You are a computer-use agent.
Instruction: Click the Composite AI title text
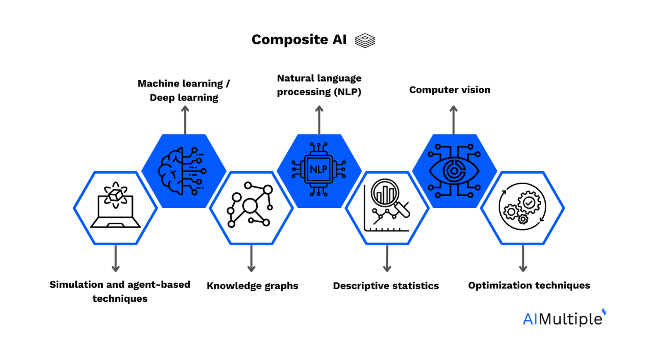299,40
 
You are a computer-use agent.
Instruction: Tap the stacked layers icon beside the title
365,41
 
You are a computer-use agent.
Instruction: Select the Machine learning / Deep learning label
184,90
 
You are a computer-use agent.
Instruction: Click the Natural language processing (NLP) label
319,85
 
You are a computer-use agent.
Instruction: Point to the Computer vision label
449,90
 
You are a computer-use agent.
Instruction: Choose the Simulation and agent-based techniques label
120,291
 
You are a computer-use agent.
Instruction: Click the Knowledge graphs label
252,286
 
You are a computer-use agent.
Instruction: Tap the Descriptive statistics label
386,286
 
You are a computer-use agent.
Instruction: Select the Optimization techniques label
529,285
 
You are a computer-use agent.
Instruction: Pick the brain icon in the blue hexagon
182,171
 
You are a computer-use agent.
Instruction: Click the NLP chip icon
319,169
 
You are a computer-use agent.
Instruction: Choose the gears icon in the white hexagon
522,206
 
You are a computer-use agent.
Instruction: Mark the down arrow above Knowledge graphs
251,259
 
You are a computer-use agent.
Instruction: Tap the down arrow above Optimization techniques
523,259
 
